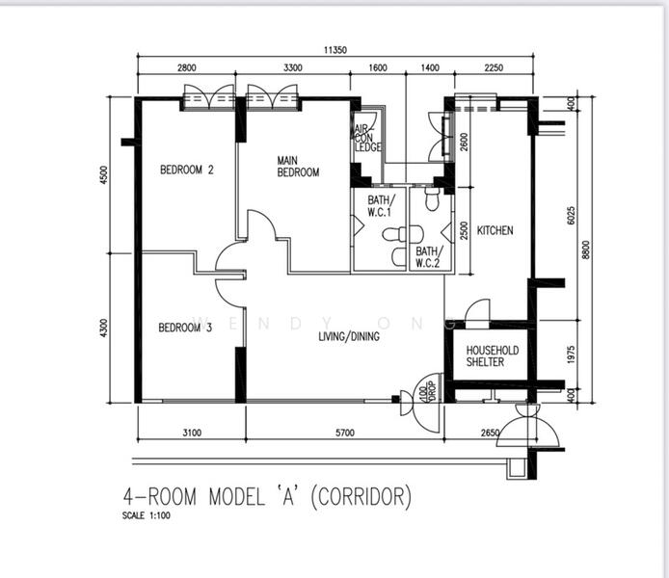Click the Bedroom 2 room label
click(x=186, y=170)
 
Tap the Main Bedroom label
click(x=298, y=167)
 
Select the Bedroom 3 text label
click(x=185, y=328)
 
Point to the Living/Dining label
click(x=349, y=336)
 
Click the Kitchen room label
click(x=495, y=230)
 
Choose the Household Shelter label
click(x=493, y=355)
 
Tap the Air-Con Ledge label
click(x=367, y=138)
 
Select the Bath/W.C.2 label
click(x=429, y=257)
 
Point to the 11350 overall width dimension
click(x=334, y=50)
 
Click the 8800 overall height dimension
click(x=586, y=250)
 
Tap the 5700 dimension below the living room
click(x=345, y=433)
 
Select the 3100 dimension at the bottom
click(x=192, y=433)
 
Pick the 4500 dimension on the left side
click(x=104, y=174)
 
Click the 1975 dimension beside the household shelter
click(x=572, y=355)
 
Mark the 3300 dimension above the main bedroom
click(x=293, y=67)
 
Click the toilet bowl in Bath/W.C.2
click(x=432, y=199)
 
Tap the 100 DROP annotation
click(x=427, y=390)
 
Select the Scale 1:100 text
click(x=147, y=515)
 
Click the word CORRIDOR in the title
click(x=361, y=497)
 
